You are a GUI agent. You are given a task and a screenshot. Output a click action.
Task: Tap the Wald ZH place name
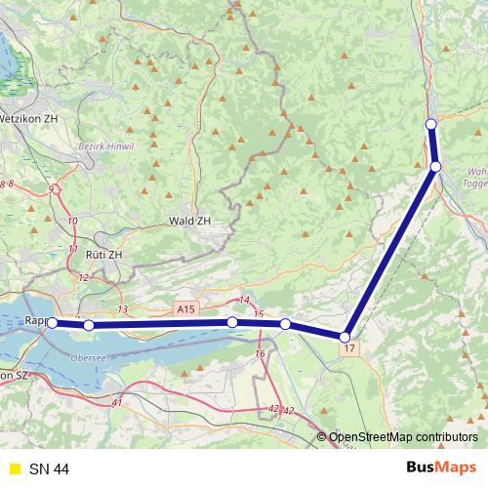[x=189, y=222]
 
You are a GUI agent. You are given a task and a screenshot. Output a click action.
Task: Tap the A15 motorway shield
[x=186, y=309]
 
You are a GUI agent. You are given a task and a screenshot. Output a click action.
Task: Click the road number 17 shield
[x=349, y=347]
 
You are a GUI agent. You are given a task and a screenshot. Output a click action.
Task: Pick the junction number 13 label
[x=122, y=309]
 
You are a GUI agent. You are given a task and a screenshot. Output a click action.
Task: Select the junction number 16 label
[x=260, y=353]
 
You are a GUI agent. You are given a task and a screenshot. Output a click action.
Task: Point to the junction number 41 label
[x=117, y=402]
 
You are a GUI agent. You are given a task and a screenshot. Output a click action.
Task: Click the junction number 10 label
[x=72, y=222]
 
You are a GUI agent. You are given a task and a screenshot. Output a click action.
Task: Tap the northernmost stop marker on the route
[x=430, y=123]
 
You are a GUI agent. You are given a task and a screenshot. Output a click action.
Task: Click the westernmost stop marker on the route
[x=53, y=323]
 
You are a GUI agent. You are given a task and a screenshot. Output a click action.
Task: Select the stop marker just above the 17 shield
[x=346, y=338]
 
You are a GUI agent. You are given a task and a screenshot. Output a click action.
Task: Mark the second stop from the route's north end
[x=435, y=167]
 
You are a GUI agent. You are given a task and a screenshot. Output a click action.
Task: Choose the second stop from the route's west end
[x=89, y=325]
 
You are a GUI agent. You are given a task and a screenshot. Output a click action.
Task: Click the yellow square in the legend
[x=13, y=469]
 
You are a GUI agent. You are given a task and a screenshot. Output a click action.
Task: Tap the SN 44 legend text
[x=49, y=469]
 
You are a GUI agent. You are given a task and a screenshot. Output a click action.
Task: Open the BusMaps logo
[x=435, y=468]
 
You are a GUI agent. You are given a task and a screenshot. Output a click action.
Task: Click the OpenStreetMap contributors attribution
[x=403, y=436]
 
